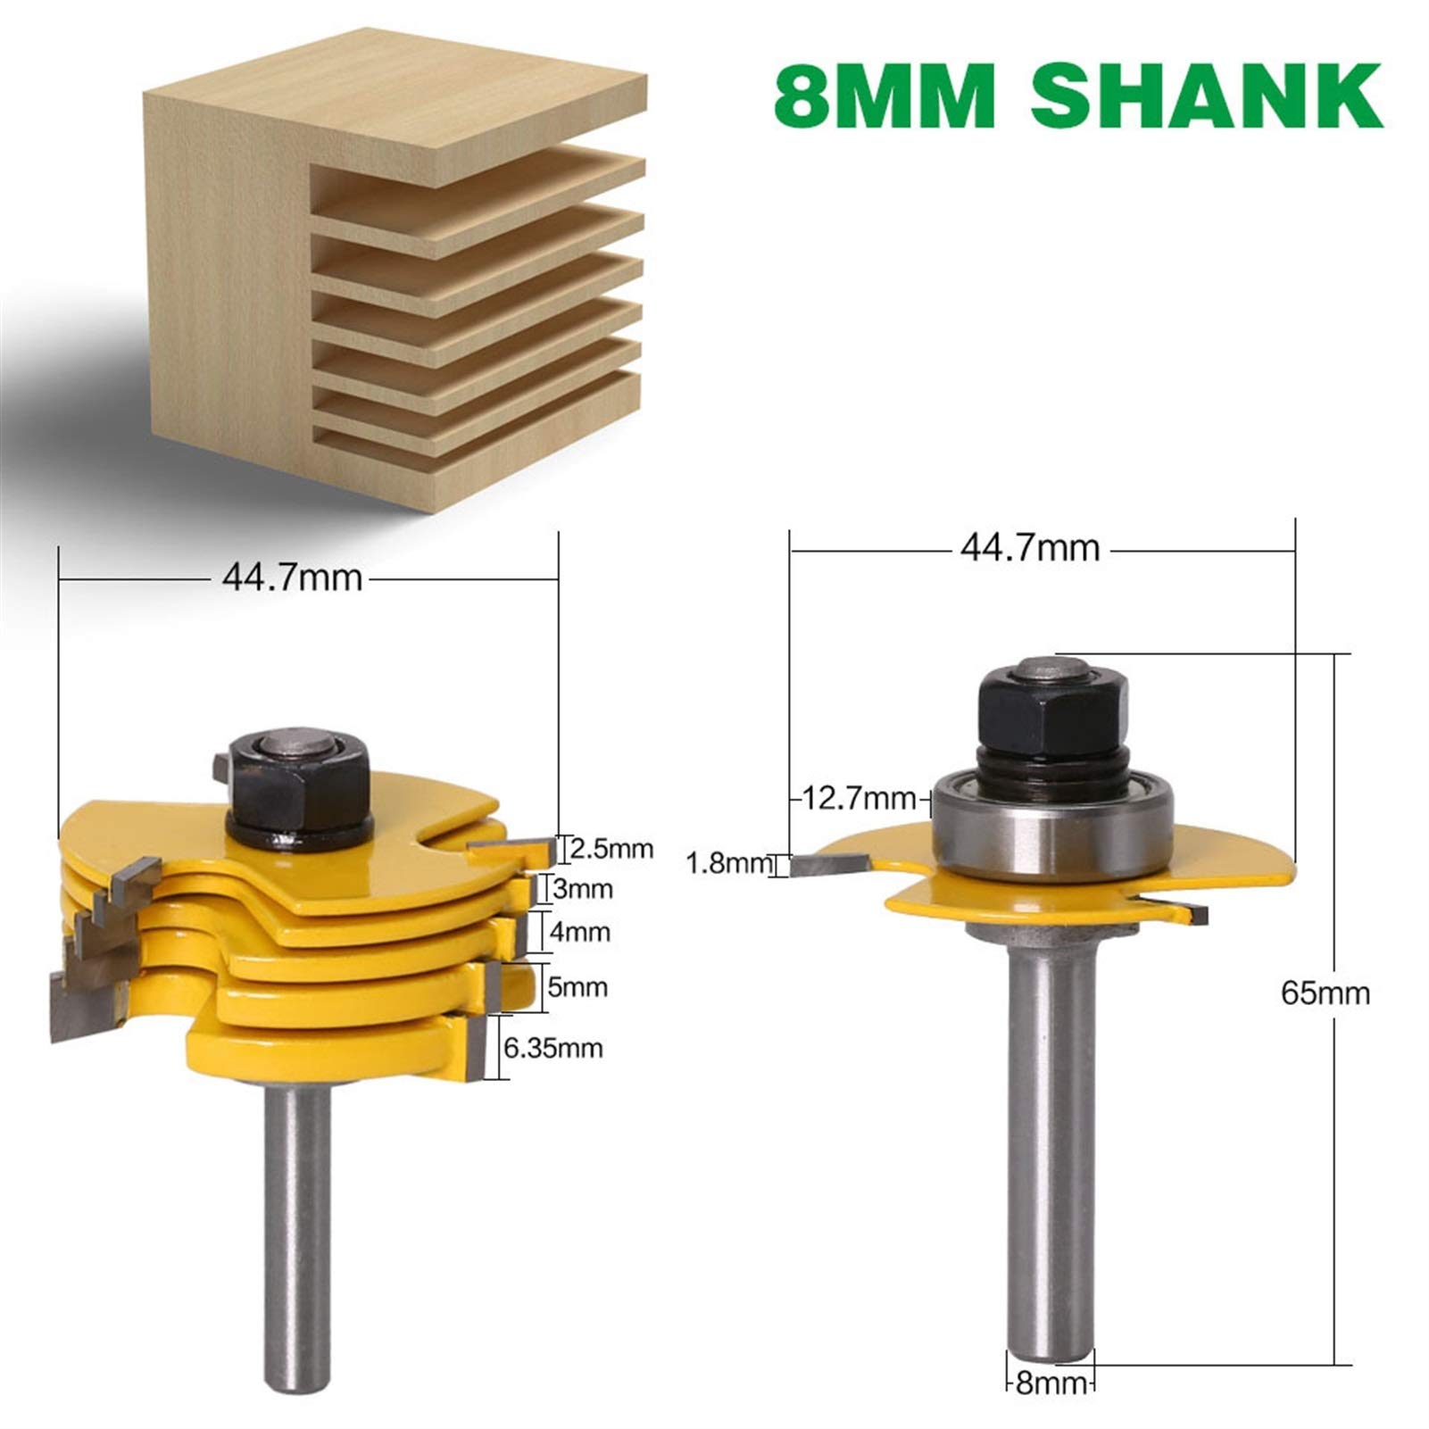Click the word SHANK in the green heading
[1207, 96]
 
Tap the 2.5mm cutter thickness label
[611, 848]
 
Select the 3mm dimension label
[583, 889]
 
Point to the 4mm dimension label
[579, 933]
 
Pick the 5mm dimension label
[577, 987]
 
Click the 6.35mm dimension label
[553, 1047]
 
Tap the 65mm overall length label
[1325, 993]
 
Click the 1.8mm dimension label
[728, 863]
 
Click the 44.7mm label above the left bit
[292, 578]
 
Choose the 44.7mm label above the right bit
[1029, 547]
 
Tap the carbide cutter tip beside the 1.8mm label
[827, 863]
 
